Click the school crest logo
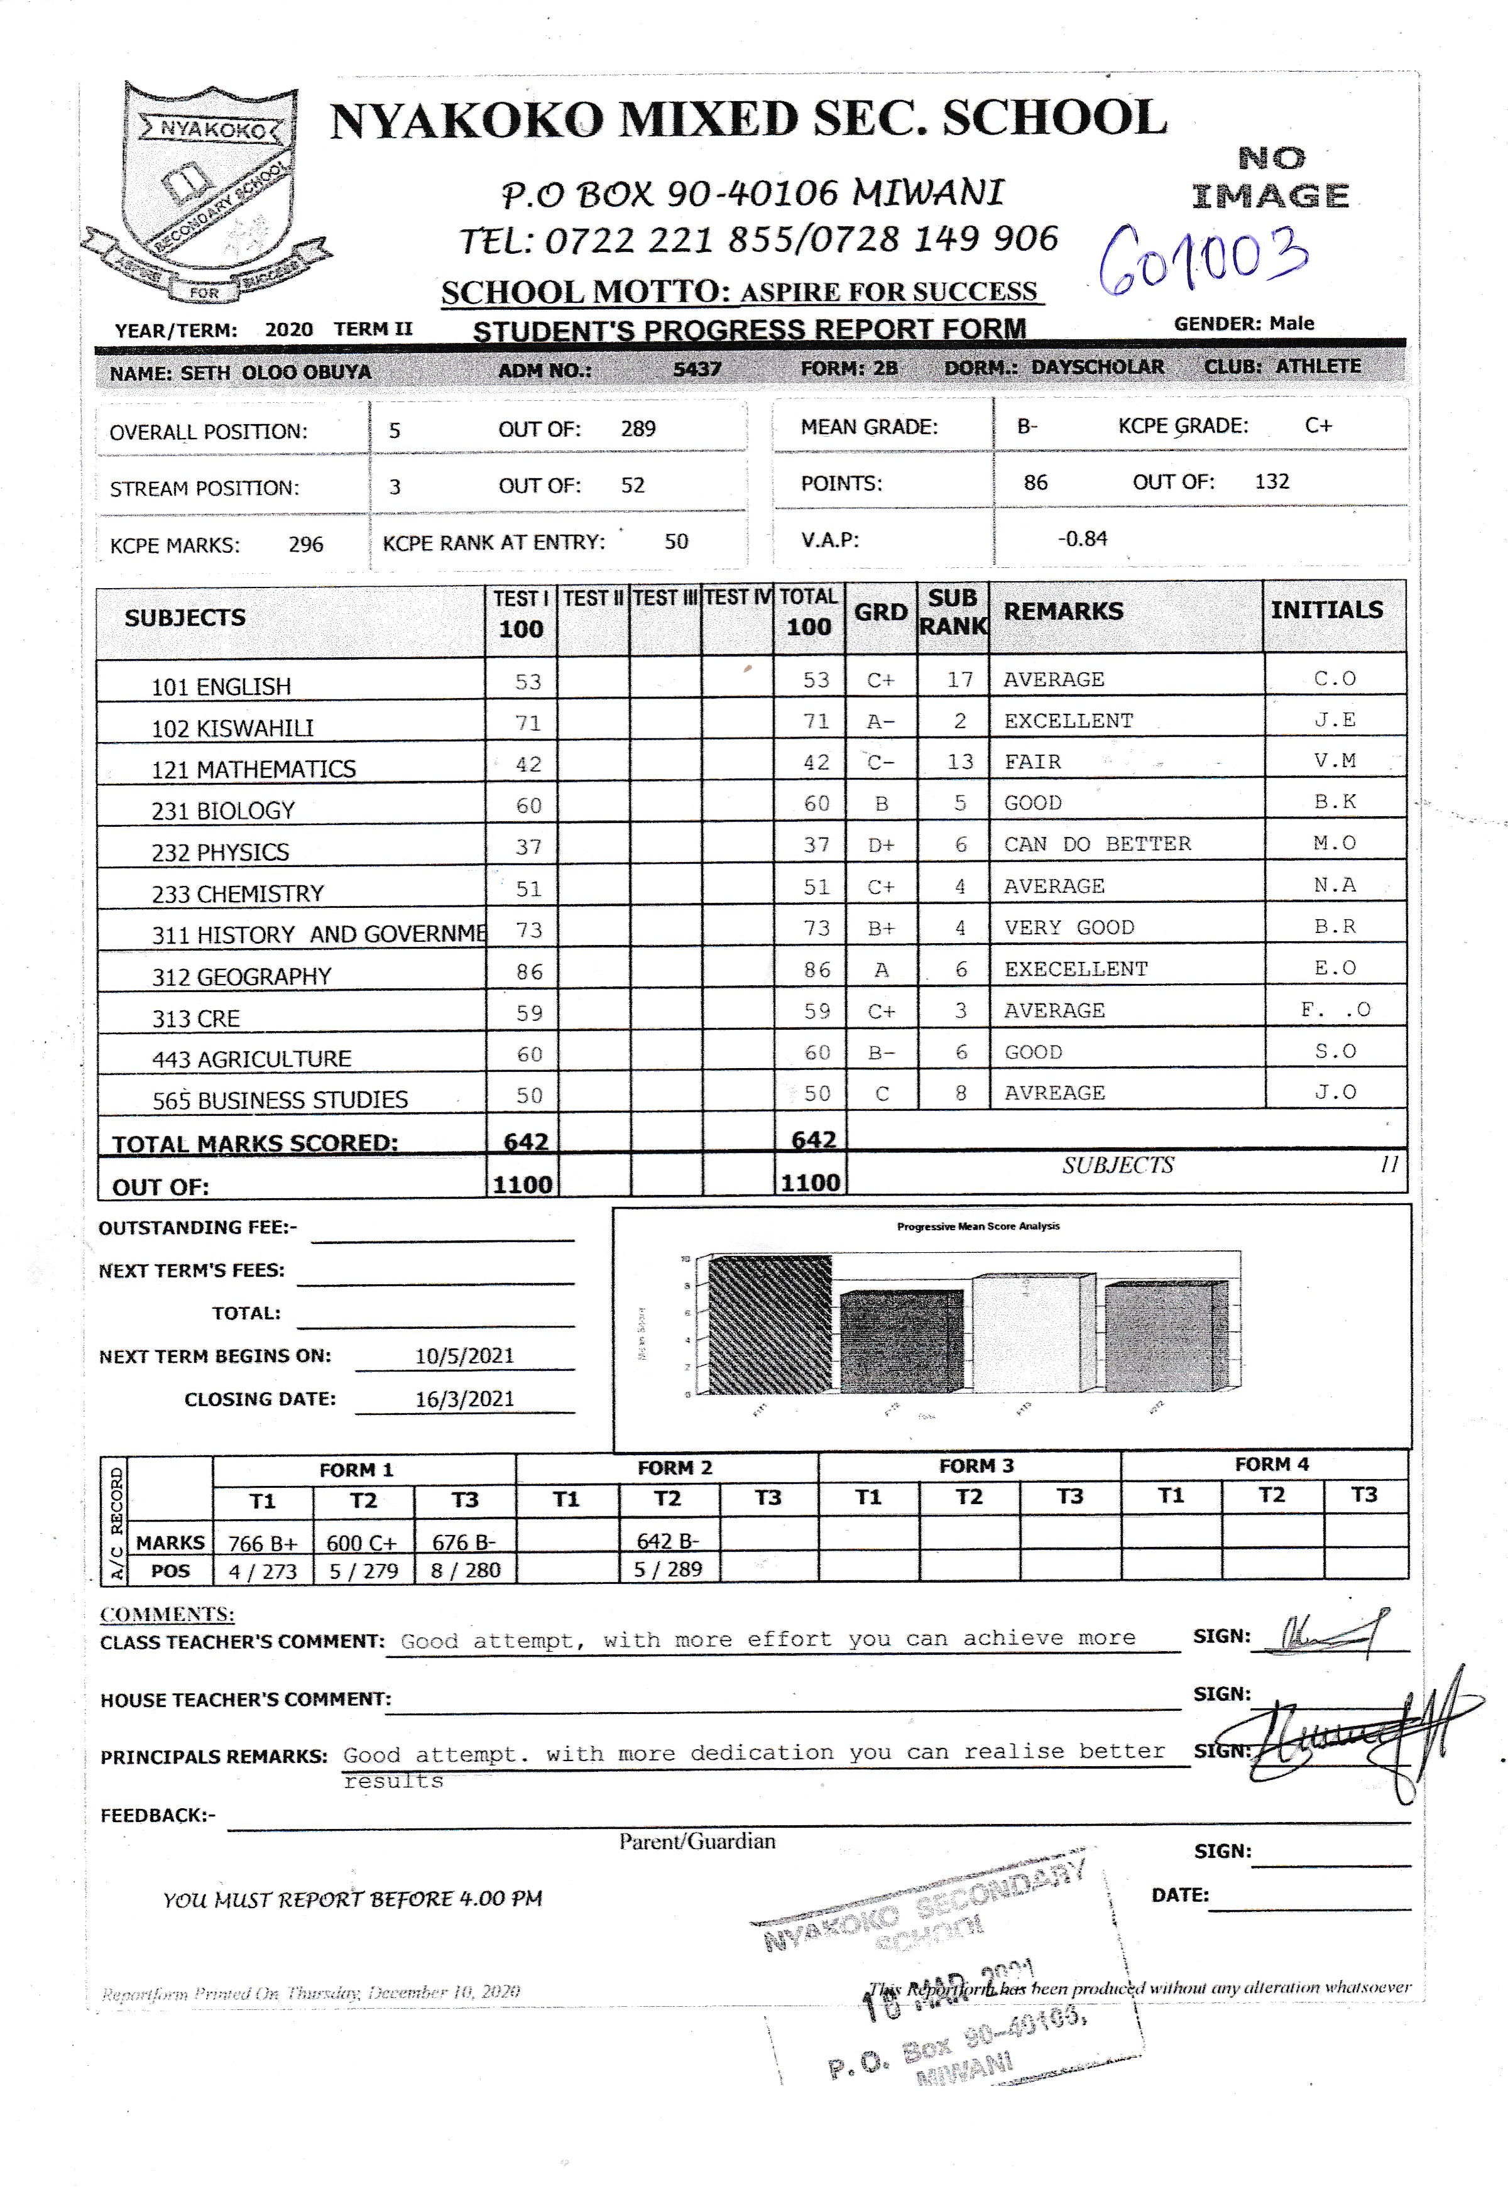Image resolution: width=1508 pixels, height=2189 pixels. [206, 194]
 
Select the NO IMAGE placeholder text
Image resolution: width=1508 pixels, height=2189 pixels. [1271, 178]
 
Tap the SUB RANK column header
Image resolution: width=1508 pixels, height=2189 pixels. [953, 612]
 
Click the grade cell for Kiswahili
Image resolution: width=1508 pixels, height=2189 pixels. [881, 722]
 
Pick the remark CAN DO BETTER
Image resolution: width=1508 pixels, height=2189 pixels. [1097, 844]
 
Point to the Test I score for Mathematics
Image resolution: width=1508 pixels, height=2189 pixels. [528, 764]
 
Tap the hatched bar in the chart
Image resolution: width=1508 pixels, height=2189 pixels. [770, 1324]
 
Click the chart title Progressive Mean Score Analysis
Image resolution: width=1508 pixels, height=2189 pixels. [978, 1226]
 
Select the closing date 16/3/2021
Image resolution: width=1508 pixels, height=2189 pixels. [464, 1399]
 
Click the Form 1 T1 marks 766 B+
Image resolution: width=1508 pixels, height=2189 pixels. [263, 1542]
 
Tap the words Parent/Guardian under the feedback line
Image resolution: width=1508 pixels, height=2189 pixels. [697, 1842]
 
